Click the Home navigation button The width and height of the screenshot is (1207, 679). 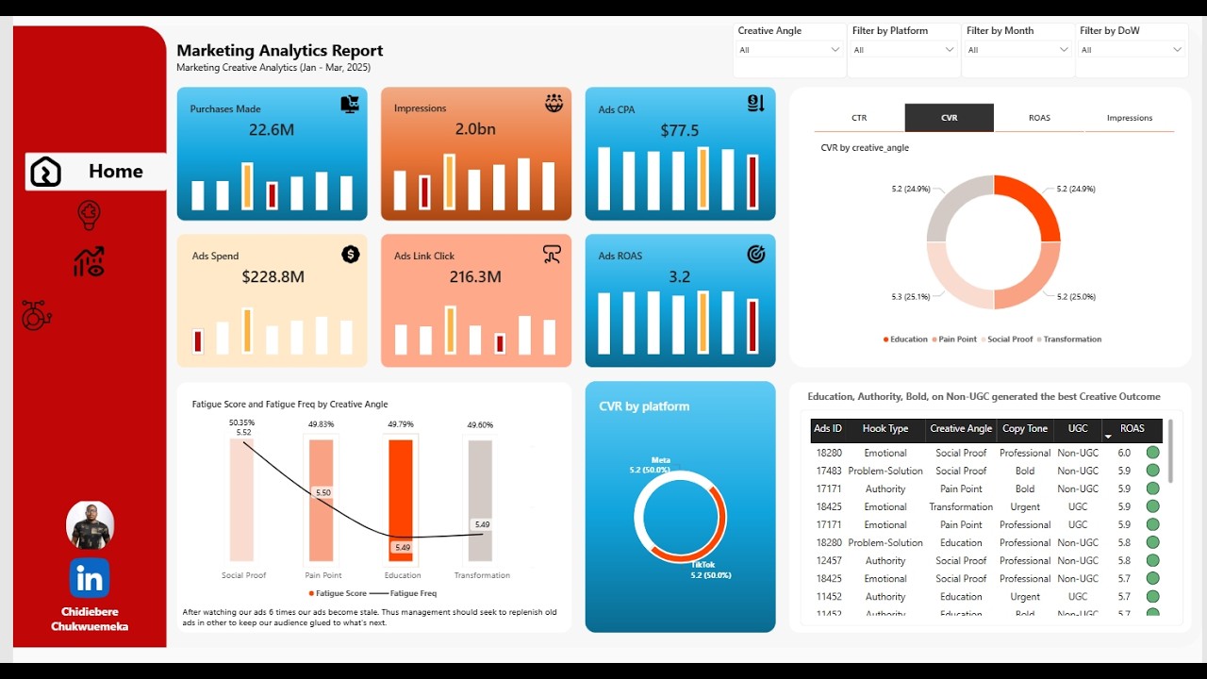95,172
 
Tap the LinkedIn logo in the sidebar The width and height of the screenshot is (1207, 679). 90,578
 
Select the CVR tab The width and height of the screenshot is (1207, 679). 949,118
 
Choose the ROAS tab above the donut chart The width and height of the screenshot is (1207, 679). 1039,118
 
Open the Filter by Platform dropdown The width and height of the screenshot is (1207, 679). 903,50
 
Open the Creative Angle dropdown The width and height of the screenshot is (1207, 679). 789,50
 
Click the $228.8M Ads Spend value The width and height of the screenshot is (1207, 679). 273,277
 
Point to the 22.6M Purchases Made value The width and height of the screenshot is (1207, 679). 272,130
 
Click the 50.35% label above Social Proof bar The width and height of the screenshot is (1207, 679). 242,422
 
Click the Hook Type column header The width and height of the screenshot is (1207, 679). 885,429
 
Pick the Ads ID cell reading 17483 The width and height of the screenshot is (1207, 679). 829,471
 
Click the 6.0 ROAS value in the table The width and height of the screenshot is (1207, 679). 1124,453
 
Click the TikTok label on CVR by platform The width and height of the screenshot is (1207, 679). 703,564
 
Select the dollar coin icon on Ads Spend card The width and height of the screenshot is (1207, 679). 351,254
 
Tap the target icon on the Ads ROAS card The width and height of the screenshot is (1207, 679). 755,254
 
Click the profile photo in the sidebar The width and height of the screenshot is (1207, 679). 90,525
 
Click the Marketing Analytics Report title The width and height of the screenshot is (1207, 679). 280,51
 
